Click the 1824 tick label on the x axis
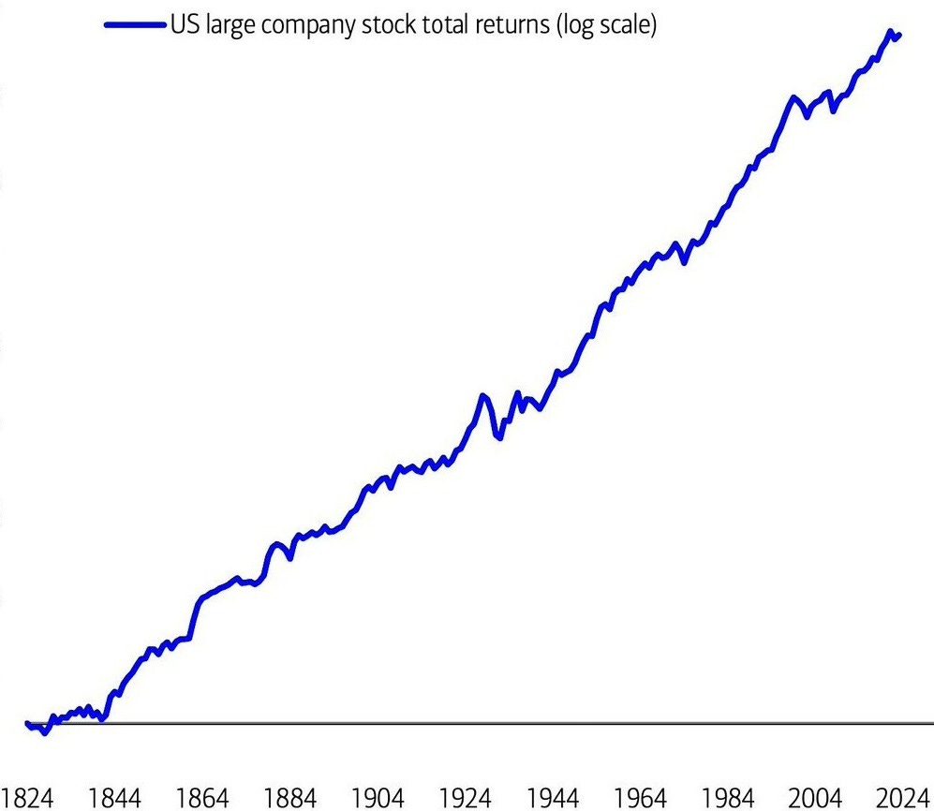point(28,798)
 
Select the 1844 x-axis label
point(115,798)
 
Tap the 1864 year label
point(202,798)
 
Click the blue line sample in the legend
point(137,26)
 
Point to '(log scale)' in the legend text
point(606,26)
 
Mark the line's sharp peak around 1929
point(483,395)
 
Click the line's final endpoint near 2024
point(899,36)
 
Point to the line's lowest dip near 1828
point(44,732)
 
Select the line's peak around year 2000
point(793,96)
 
